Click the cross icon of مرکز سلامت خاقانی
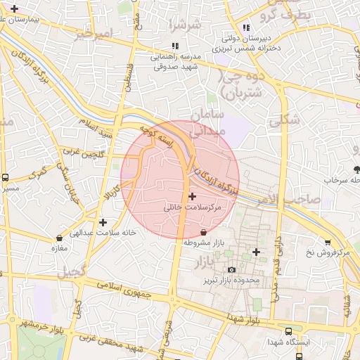click(x=193, y=195)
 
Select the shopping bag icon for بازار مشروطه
click(x=204, y=231)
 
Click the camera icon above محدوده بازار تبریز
click(x=232, y=269)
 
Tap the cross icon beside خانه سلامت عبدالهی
click(x=103, y=222)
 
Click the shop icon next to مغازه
click(x=58, y=238)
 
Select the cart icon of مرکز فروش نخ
click(x=328, y=243)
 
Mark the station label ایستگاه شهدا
click(x=287, y=342)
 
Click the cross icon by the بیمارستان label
click(x=13, y=7)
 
